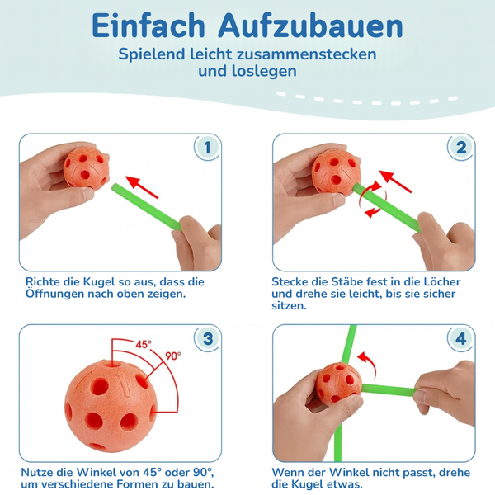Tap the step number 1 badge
point(208,148)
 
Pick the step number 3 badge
point(208,339)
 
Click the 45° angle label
point(144,345)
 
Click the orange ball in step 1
point(86,167)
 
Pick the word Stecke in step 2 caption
point(291,281)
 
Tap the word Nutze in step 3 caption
point(40,472)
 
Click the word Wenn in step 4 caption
point(290,472)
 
